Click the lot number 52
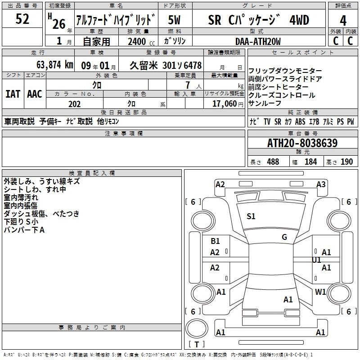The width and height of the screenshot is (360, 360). pyautogui.click(x=22, y=19)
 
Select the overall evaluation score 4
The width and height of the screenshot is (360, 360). pyautogui.click(x=343, y=21)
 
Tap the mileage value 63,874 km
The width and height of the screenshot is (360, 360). pyautogui.click(x=55, y=65)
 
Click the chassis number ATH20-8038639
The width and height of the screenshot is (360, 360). pyautogui.click(x=302, y=143)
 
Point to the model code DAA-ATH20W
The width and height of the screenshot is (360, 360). pyautogui.click(x=258, y=41)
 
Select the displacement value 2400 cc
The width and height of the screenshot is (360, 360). pyautogui.click(x=141, y=41)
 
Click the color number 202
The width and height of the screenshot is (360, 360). pyautogui.click(x=74, y=104)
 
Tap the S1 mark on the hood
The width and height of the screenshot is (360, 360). pyautogui.click(x=251, y=216)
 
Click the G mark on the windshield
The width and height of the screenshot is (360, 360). pyautogui.click(x=284, y=237)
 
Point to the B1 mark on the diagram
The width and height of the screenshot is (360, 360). pyautogui.click(x=215, y=241)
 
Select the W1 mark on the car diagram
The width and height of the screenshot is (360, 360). pyautogui.click(x=320, y=292)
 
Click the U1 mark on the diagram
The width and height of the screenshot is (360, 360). pyautogui.click(x=316, y=260)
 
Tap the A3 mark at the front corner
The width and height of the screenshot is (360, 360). pyautogui.click(x=321, y=184)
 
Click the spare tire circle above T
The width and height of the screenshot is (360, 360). pyautogui.click(x=197, y=328)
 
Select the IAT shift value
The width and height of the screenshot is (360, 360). pyautogui.click(x=13, y=94)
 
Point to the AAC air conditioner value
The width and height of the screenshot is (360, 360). pyautogui.click(x=35, y=94)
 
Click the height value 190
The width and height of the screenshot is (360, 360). pyautogui.click(x=346, y=162)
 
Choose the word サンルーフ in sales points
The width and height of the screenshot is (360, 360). pyautogui.click(x=265, y=103)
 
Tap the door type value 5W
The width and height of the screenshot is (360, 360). pyautogui.click(x=174, y=20)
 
